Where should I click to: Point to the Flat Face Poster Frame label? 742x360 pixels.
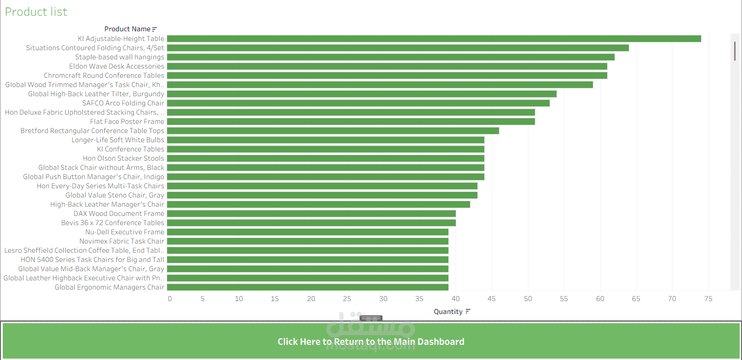[x=127, y=122]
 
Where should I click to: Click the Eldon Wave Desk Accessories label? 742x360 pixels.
[x=116, y=66]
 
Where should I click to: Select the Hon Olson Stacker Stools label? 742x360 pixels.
[x=123, y=158]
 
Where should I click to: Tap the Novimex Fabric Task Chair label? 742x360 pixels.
[x=122, y=241]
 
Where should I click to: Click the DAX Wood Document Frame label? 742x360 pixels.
[x=119, y=214]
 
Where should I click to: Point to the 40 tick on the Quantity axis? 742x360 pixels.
[x=456, y=299]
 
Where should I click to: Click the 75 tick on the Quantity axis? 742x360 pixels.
[x=708, y=299]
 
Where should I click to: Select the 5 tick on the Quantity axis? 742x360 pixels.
[x=203, y=299]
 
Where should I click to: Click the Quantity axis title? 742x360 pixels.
[x=448, y=312]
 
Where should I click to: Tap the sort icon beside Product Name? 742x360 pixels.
[x=155, y=29]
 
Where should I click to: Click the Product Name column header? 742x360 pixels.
[x=127, y=29]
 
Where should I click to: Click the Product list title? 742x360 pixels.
[x=36, y=12]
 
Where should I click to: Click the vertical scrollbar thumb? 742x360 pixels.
[x=735, y=51]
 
